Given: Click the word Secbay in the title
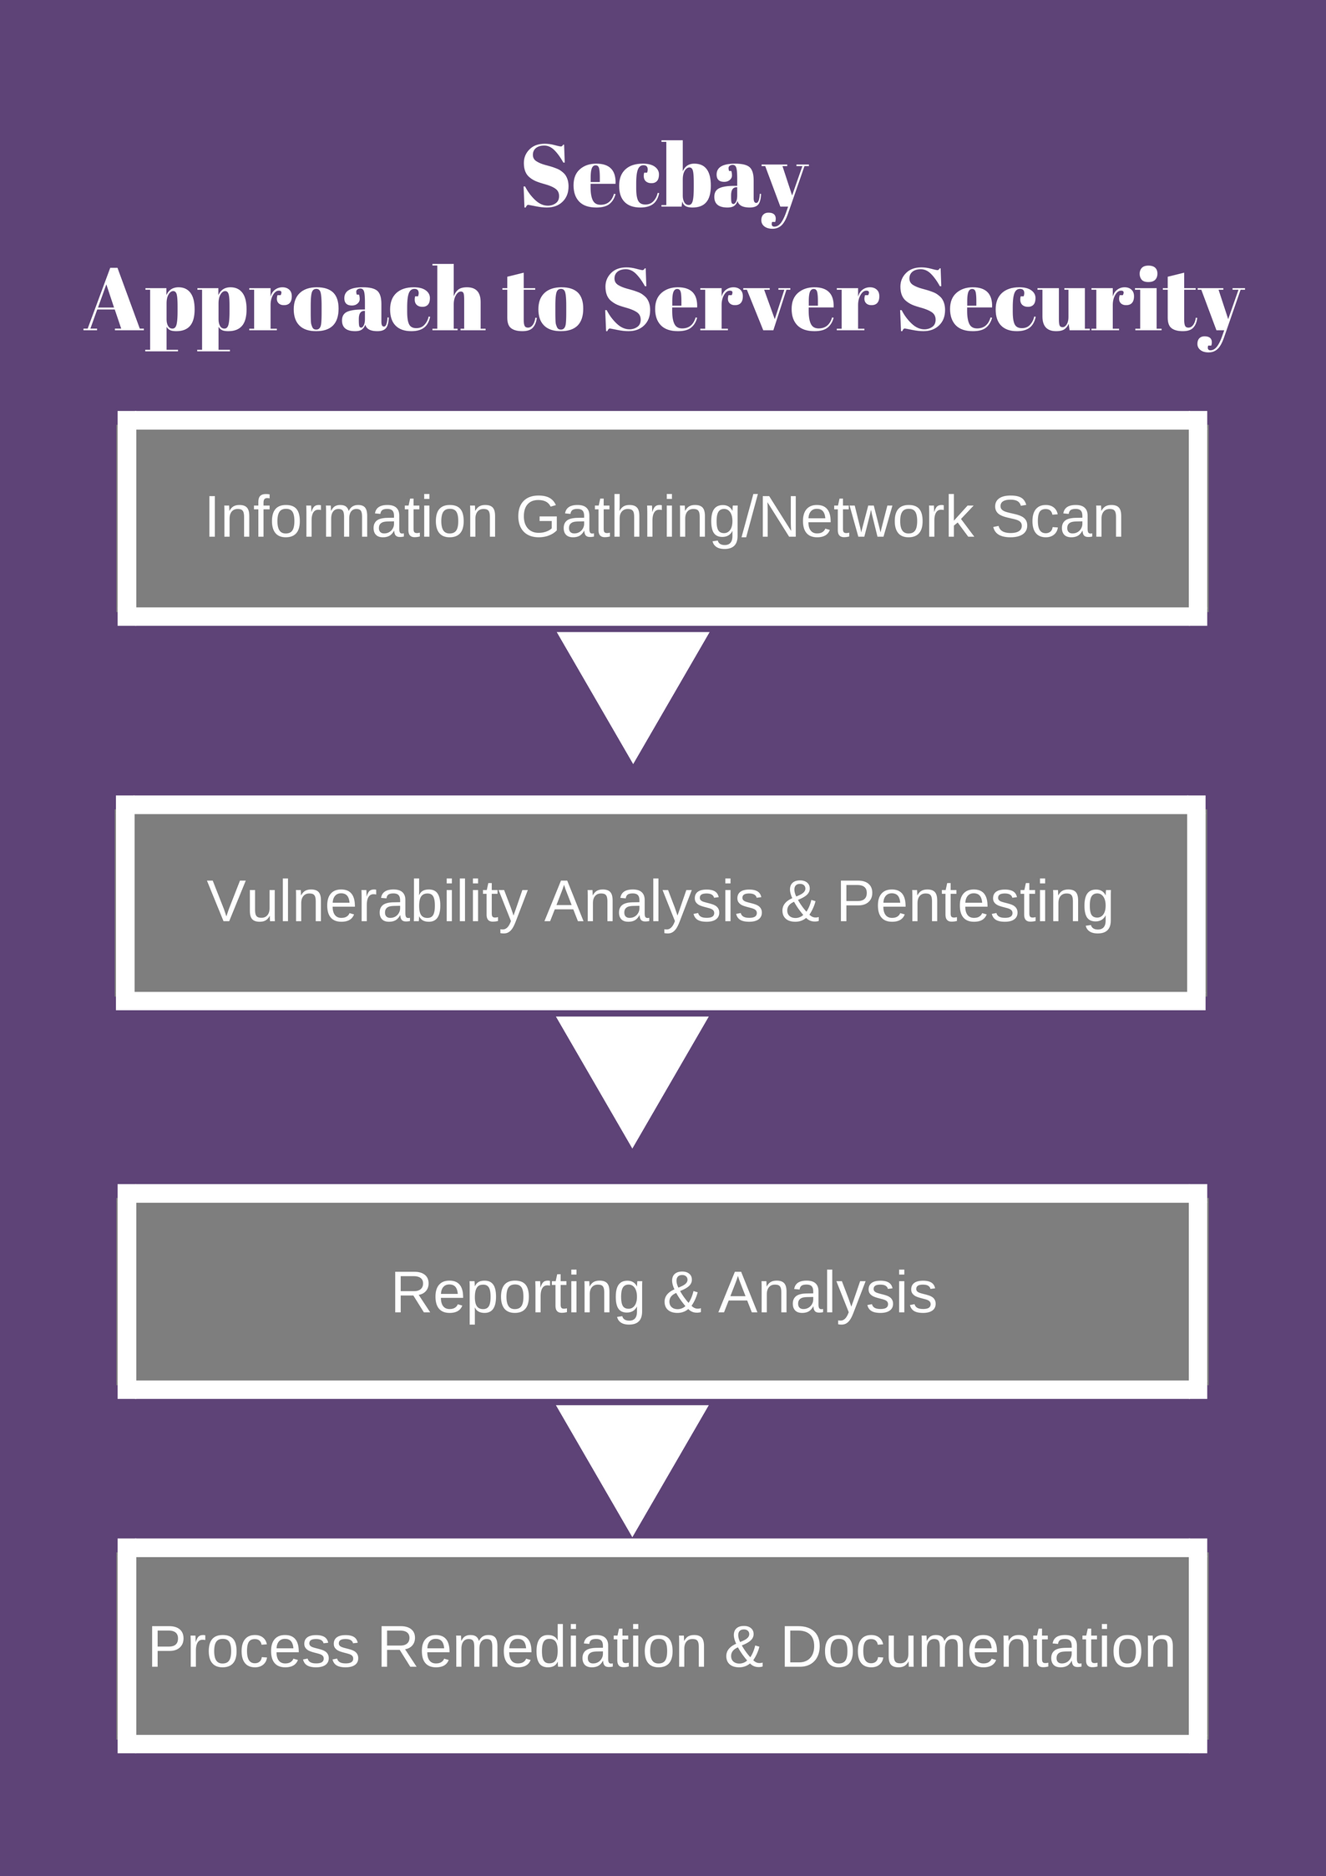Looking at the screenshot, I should (x=664, y=179).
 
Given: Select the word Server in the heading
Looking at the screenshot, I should (x=741, y=301).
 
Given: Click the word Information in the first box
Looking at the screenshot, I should (x=352, y=518).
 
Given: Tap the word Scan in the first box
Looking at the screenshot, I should (x=1057, y=518).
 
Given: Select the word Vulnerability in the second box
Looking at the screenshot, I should (x=367, y=903).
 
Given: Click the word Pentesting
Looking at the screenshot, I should (x=974, y=903).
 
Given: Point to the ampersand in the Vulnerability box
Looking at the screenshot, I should (x=799, y=903).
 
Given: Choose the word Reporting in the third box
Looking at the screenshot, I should (x=518, y=1294).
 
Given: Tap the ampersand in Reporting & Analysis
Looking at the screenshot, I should (x=681, y=1294).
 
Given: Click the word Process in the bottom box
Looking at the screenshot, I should (x=254, y=1647).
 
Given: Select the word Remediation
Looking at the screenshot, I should (x=542, y=1647).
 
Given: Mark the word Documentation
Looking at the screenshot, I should (x=978, y=1647).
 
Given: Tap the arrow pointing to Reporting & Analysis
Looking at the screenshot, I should (x=632, y=1071).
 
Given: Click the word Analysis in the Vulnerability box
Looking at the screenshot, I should (x=653, y=903).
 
